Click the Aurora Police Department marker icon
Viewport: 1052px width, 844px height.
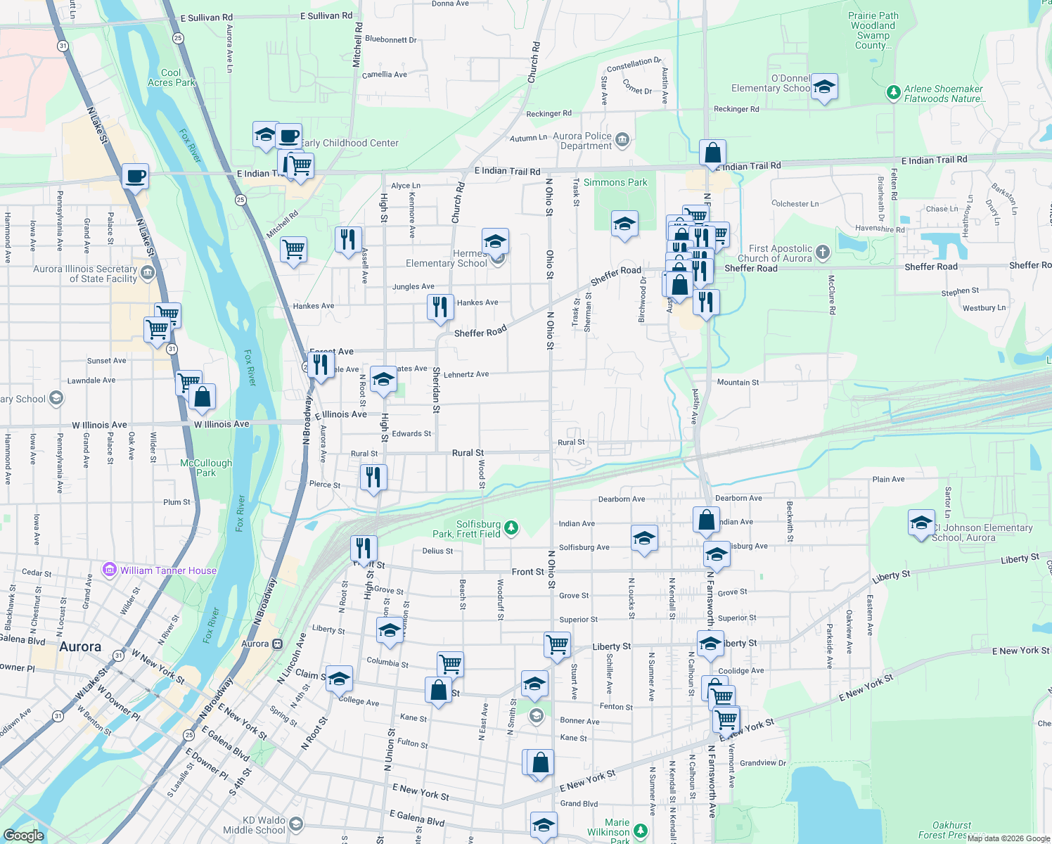(x=622, y=140)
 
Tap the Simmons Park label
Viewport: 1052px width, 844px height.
(x=615, y=182)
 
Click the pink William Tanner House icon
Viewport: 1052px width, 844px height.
(x=109, y=570)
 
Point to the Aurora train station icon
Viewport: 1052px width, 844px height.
(x=278, y=644)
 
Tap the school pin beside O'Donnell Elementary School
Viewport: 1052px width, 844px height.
(x=824, y=87)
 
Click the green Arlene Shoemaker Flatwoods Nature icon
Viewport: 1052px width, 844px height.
(x=893, y=92)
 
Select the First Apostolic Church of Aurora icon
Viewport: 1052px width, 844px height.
(x=823, y=252)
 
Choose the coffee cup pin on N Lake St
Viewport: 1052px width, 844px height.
(x=135, y=176)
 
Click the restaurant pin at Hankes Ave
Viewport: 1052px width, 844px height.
(x=440, y=307)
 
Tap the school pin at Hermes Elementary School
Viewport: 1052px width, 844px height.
(x=495, y=241)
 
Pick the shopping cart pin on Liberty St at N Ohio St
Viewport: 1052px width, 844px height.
(x=557, y=644)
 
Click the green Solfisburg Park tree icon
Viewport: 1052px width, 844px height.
(x=512, y=527)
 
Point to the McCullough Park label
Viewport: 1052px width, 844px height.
(x=206, y=468)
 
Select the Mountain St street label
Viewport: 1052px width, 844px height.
(x=738, y=383)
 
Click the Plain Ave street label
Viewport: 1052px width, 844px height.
(x=888, y=479)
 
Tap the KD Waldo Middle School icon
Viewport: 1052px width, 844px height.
(x=296, y=824)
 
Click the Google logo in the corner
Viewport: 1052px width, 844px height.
(x=23, y=835)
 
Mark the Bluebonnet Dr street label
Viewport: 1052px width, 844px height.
(x=391, y=39)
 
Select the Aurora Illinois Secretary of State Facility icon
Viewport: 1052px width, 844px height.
(x=147, y=272)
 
